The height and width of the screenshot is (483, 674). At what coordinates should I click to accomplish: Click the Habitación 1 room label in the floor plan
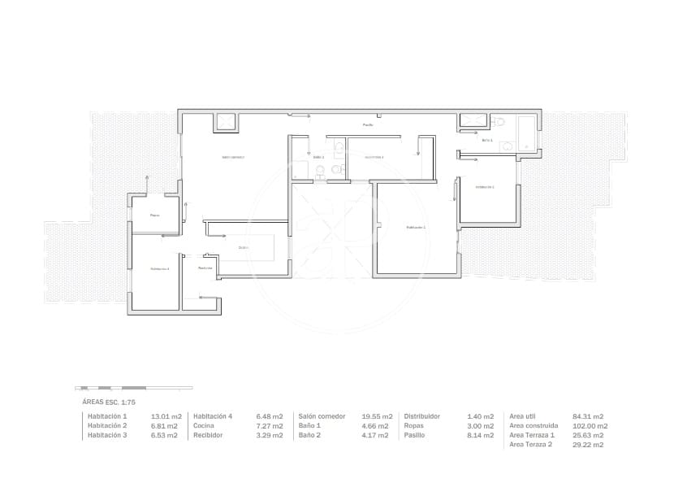coord(416,228)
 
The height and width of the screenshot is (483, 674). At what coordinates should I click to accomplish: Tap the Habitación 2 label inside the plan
coord(485,187)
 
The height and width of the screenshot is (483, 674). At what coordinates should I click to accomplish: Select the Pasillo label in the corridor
coord(368,124)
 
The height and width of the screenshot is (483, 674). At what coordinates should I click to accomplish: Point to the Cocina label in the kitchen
coord(243,247)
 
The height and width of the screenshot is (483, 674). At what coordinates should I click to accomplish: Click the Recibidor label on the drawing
coord(205,268)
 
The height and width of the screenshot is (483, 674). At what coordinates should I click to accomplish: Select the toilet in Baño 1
coord(499,121)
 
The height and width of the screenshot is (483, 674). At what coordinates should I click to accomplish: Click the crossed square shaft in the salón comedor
coord(225,122)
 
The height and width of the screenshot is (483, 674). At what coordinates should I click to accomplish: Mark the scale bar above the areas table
coord(133,387)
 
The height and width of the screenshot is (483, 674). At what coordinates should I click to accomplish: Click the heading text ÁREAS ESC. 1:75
coord(109,402)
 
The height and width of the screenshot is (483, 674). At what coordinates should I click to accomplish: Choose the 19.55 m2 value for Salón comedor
coord(377,416)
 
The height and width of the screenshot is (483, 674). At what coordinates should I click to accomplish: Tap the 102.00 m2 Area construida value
coord(590,426)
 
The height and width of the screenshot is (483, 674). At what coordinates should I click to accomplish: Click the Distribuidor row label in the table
coord(422,416)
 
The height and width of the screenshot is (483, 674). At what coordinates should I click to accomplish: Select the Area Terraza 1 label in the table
coord(532,435)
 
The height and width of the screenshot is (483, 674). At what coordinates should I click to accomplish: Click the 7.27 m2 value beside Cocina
coord(270,426)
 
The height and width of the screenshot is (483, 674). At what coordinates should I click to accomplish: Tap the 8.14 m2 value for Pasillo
coord(481,435)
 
